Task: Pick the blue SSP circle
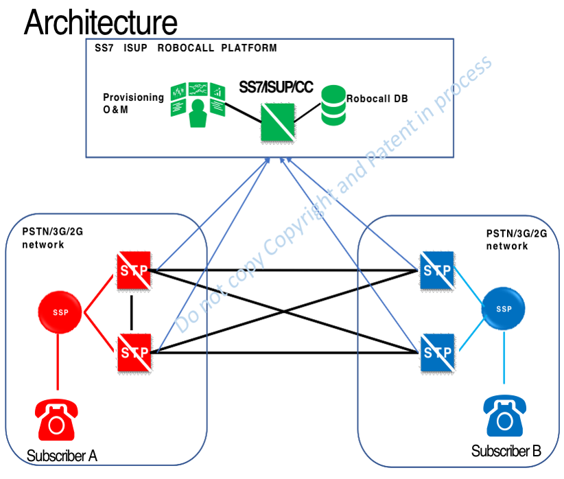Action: click(x=504, y=309)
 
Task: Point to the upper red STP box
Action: click(x=134, y=270)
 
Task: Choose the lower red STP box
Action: click(x=134, y=352)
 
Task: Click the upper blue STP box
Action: click(x=437, y=270)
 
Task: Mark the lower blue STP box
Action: click(x=437, y=352)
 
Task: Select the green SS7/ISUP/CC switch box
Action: click(x=278, y=122)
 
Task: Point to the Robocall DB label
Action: click(x=377, y=99)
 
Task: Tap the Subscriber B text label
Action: click(x=506, y=451)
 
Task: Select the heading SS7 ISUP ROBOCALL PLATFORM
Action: click(x=186, y=49)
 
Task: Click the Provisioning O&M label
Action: click(x=133, y=103)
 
